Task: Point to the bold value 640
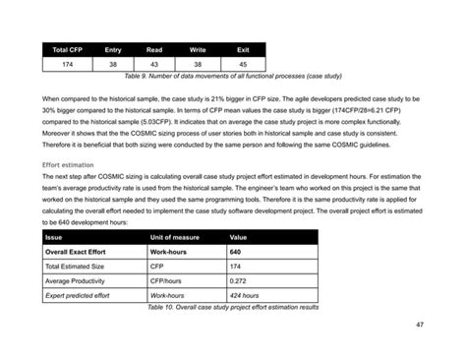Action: [x=236, y=252]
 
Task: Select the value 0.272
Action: [x=239, y=280]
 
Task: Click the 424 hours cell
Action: [x=245, y=294]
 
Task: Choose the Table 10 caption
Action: [x=232, y=306]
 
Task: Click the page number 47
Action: [x=420, y=325]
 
